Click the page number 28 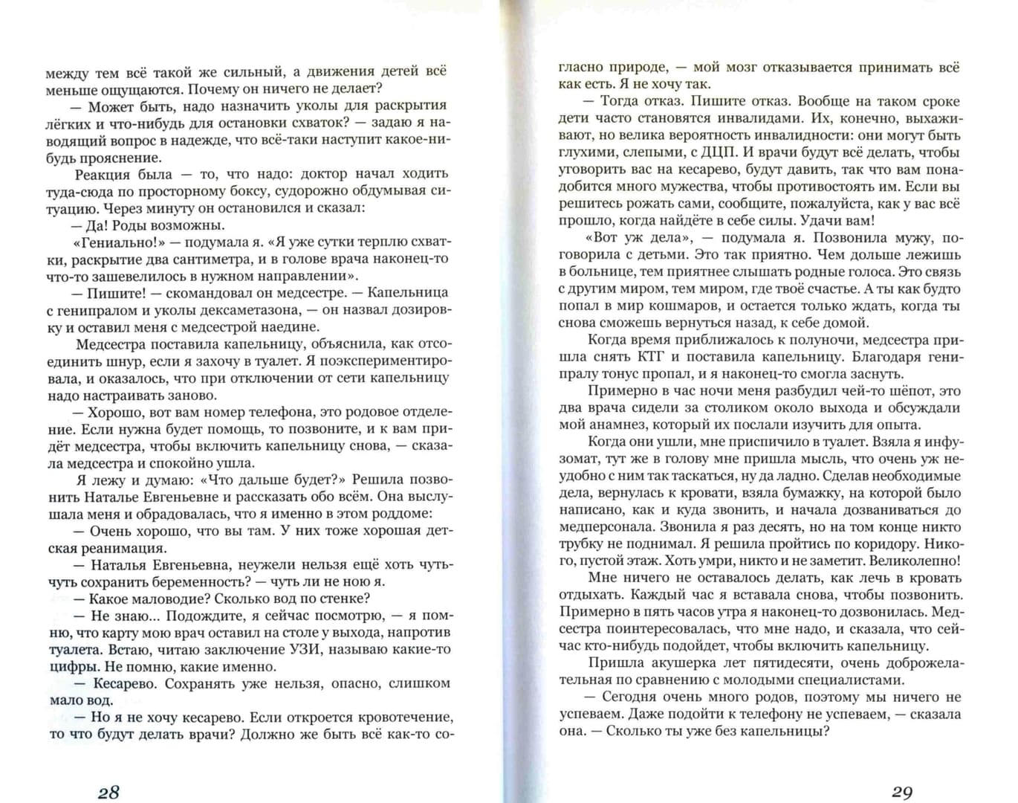(x=108, y=792)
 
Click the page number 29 (x=901, y=792)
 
